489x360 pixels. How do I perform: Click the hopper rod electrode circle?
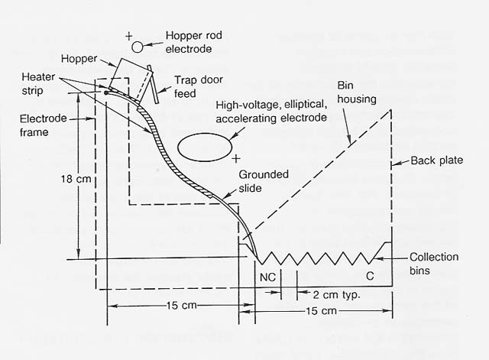click(138, 47)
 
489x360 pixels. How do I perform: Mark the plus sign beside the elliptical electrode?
click(237, 158)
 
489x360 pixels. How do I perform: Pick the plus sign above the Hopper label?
click(129, 35)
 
